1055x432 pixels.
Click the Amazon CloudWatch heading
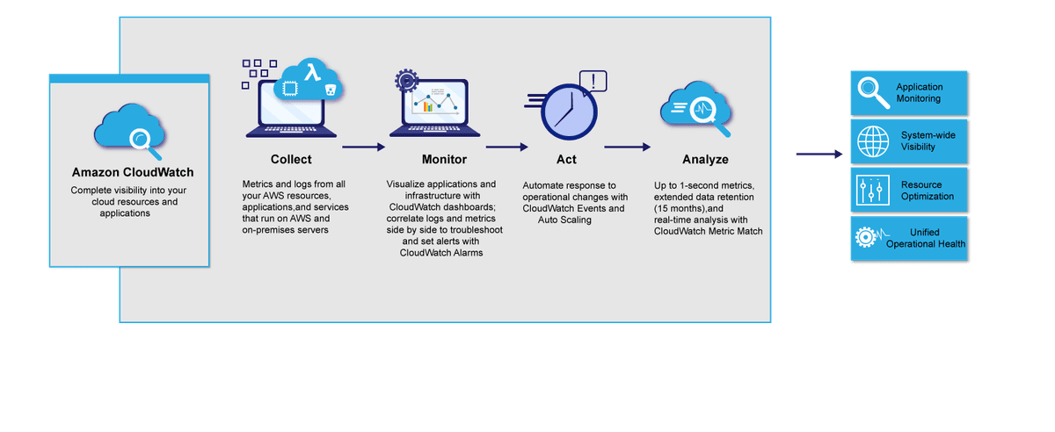click(x=133, y=173)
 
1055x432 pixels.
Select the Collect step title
click(x=291, y=160)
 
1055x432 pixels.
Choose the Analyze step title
click(x=705, y=160)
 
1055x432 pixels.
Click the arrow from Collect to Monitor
click(x=363, y=148)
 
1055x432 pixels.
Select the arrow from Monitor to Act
click(x=506, y=148)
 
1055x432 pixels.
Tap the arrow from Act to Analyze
click(x=627, y=148)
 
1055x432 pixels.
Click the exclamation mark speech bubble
click(x=593, y=82)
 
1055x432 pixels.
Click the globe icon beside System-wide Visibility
click(x=873, y=140)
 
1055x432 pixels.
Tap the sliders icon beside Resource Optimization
click(x=873, y=191)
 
